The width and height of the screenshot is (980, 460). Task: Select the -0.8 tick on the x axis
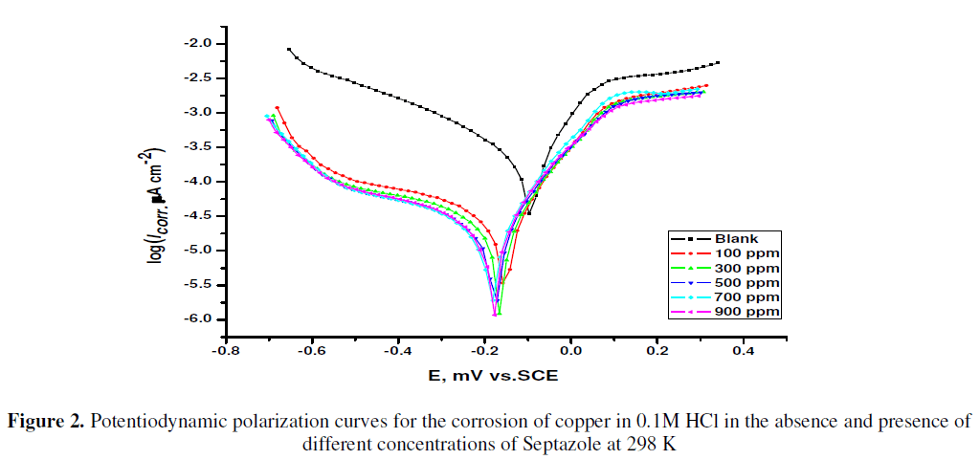click(x=225, y=352)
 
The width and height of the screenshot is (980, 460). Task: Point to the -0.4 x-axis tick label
click(x=397, y=352)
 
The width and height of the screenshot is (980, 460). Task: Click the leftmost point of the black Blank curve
click(x=289, y=50)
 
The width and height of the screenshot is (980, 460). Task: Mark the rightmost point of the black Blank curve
click(x=717, y=63)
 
